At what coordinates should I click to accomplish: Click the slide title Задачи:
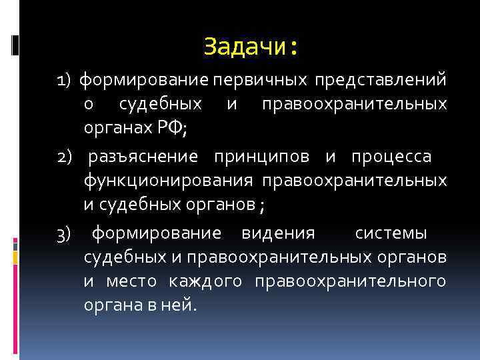pyautogui.click(x=250, y=47)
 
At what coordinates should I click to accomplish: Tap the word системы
pyautogui.click(x=391, y=234)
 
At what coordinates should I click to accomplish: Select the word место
pyautogui.click(x=131, y=283)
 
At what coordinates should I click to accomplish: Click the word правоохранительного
pyautogui.click(x=351, y=283)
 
